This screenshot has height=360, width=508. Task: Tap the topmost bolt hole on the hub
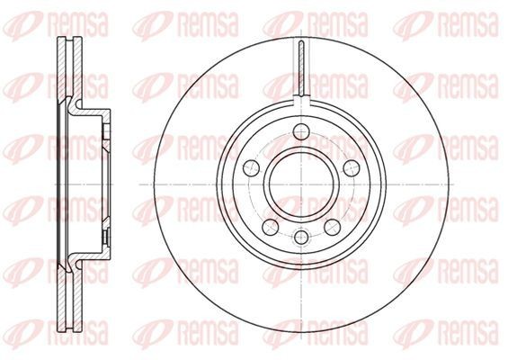[x=301, y=132]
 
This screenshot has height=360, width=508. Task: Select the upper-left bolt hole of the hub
[x=251, y=167]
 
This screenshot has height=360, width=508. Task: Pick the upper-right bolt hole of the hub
[x=352, y=167]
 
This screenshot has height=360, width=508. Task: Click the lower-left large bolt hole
[x=271, y=227]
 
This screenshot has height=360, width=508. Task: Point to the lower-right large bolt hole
[x=333, y=227]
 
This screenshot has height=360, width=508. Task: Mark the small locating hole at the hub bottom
[x=301, y=237]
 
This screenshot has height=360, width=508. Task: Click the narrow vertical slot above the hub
[x=301, y=68]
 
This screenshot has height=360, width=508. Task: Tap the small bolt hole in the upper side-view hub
[x=105, y=131]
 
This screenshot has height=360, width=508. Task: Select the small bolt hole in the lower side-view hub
[x=105, y=238]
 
